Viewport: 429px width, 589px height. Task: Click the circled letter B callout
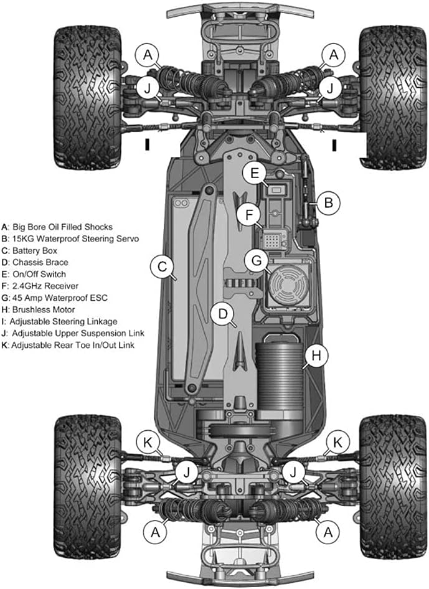tap(329, 201)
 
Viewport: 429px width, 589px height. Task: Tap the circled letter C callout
tap(161, 268)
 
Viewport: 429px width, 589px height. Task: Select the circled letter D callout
tap(222, 314)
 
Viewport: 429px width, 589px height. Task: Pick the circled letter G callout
tap(254, 260)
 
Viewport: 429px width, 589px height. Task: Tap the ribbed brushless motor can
tap(281, 373)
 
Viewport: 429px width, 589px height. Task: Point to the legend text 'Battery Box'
tap(37, 250)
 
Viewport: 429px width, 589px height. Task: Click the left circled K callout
tap(148, 441)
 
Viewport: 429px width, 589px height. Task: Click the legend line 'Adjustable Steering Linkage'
tap(59, 321)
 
